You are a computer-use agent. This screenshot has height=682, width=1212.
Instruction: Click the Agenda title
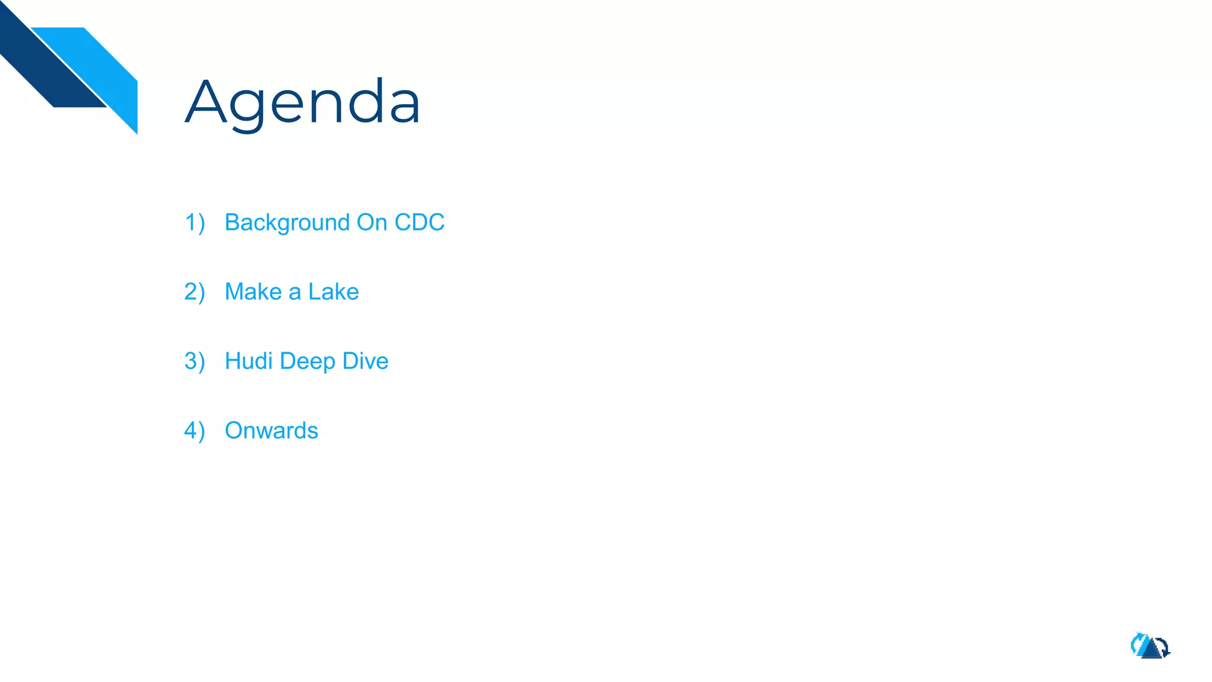[302, 102]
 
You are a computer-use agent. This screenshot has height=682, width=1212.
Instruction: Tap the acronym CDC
[419, 223]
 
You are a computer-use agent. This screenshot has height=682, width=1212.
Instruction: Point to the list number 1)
[195, 223]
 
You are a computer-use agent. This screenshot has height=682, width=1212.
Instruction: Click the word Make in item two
[253, 292]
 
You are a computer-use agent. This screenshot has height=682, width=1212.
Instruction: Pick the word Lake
[333, 292]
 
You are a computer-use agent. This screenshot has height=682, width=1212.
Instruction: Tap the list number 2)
[195, 292]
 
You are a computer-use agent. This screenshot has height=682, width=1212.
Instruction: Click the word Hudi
[249, 361]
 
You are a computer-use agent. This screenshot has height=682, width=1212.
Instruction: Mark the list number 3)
[195, 362]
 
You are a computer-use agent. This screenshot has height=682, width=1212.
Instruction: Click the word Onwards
[272, 430]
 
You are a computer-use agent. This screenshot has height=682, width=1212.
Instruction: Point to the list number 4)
[195, 431]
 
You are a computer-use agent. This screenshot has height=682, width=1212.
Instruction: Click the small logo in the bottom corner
[1150, 646]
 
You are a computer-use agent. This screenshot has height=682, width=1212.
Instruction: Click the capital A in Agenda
[206, 102]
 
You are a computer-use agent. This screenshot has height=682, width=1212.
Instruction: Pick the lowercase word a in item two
[295, 293]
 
